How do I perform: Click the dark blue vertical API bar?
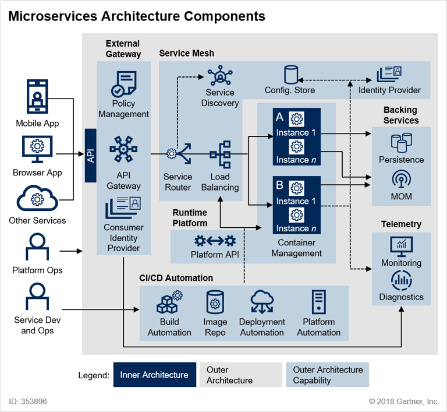(x=91, y=155)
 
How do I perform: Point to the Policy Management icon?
(x=124, y=84)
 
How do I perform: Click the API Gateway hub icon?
(x=123, y=149)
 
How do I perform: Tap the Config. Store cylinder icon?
(x=290, y=75)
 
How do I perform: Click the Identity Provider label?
(x=389, y=90)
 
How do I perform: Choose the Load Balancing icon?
(x=220, y=154)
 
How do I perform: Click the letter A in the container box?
(x=279, y=117)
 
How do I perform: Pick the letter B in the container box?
(x=279, y=186)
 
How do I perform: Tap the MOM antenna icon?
(x=401, y=178)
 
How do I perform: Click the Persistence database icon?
(x=401, y=142)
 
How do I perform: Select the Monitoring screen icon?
(x=401, y=245)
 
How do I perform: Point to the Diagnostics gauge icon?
(x=401, y=280)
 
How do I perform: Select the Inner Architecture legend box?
(x=154, y=375)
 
